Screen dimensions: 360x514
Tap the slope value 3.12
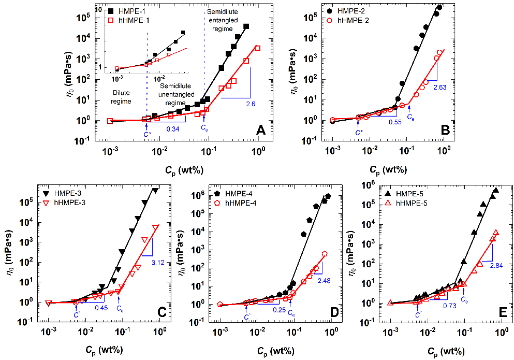pos(157,264)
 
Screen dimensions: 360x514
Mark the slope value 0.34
pos(173,128)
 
